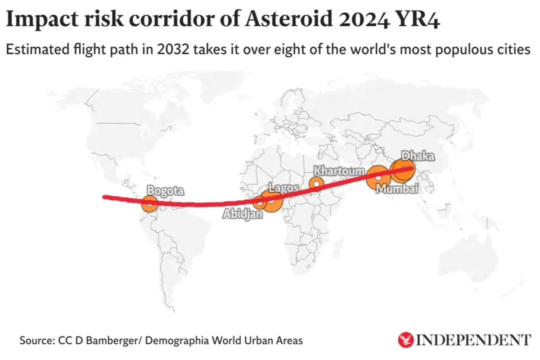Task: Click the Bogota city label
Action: (x=166, y=191)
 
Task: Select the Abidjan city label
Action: (x=243, y=214)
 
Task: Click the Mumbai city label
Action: (x=397, y=189)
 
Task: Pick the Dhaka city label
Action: (x=418, y=156)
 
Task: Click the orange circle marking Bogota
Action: (x=150, y=203)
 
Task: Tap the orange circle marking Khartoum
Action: (x=316, y=184)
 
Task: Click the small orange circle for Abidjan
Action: (x=259, y=202)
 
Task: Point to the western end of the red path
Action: (x=105, y=197)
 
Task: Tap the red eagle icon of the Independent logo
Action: (x=406, y=340)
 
